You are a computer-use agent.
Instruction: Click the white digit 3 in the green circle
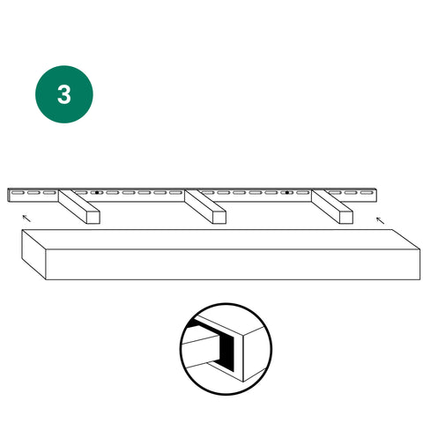[64, 94]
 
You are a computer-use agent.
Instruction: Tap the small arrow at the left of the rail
[26, 219]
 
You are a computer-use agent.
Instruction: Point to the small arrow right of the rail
[380, 220]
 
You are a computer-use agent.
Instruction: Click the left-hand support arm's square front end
[93, 218]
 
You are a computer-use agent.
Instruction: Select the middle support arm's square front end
[219, 218]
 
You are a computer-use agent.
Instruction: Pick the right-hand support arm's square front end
[346, 218]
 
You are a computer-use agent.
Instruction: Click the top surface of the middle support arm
[205, 201]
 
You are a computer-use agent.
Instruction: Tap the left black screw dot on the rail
[97, 193]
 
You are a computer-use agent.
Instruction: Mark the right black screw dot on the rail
[287, 193]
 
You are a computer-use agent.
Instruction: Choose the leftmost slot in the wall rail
[18, 193]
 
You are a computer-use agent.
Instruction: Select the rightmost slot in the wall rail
[367, 193]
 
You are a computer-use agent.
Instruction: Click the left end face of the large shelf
[33, 255]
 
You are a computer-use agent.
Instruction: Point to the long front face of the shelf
[233, 264]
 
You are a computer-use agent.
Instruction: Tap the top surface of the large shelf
[221, 240]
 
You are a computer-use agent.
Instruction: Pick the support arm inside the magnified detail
[200, 351]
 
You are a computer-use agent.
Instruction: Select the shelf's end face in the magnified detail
[255, 353]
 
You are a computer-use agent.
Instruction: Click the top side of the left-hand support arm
[79, 201]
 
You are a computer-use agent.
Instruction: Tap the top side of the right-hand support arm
[332, 201]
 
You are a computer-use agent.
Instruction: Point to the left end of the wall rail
[9, 195]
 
